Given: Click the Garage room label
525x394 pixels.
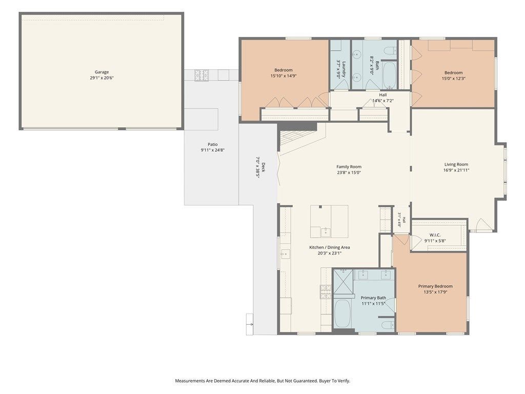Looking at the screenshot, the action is point(102,72).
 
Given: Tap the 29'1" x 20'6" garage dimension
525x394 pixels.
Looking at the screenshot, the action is point(102,78).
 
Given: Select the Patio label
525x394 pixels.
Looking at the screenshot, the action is point(213,144).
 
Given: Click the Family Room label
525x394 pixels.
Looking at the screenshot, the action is point(349,167).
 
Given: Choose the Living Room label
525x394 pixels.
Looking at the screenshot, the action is point(456,165).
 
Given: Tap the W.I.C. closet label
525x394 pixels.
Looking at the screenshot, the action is point(435,235).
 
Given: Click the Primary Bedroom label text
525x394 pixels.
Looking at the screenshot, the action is point(435,286).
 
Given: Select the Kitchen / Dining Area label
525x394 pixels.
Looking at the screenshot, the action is point(330,248).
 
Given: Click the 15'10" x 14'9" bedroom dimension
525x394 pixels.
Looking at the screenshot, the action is point(284,76).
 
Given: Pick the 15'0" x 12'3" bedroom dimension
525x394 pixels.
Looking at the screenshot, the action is point(454,78).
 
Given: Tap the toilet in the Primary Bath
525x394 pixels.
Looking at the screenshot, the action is point(388,325).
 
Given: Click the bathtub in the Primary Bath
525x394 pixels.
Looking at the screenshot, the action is point(342,314).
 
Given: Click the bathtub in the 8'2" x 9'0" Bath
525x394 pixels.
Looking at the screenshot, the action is point(390,75).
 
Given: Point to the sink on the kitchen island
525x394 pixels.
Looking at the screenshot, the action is point(325,232).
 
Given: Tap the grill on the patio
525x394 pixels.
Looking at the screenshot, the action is point(201,75).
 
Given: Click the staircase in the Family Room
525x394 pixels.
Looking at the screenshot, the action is point(298,141).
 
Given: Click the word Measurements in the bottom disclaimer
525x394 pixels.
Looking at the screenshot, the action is point(190,381).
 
